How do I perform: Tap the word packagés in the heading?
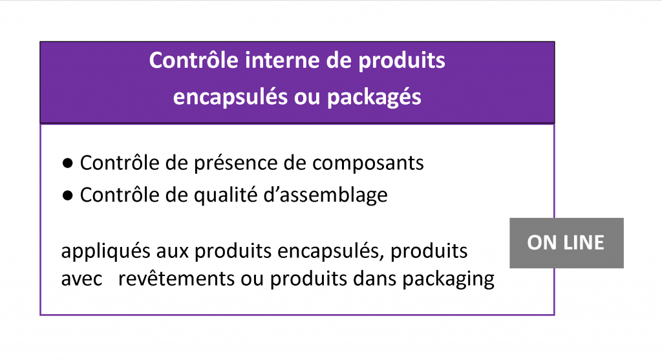click(374, 98)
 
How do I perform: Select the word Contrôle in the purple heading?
click(194, 60)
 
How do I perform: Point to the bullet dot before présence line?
click(67, 163)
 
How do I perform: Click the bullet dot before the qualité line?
click(67, 195)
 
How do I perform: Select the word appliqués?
click(105, 251)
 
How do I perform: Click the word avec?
click(82, 279)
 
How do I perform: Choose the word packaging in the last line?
click(449, 280)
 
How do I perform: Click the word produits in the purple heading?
click(402, 61)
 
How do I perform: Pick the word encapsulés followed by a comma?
click(331, 251)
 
